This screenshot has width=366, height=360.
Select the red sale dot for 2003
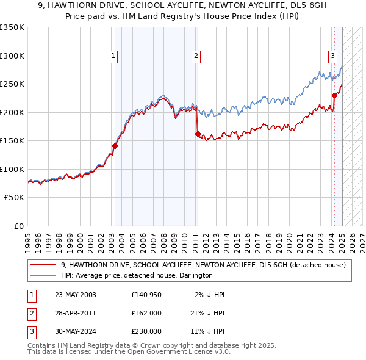click(x=115, y=146)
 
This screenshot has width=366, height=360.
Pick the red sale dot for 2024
click(x=334, y=95)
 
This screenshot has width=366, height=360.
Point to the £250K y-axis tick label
click(x=12, y=84)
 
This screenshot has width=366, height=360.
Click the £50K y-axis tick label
click(x=14, y=198)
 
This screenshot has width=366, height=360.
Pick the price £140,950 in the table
click(x=146, y=295)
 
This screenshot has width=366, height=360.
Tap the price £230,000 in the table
click(x=146, y=331)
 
